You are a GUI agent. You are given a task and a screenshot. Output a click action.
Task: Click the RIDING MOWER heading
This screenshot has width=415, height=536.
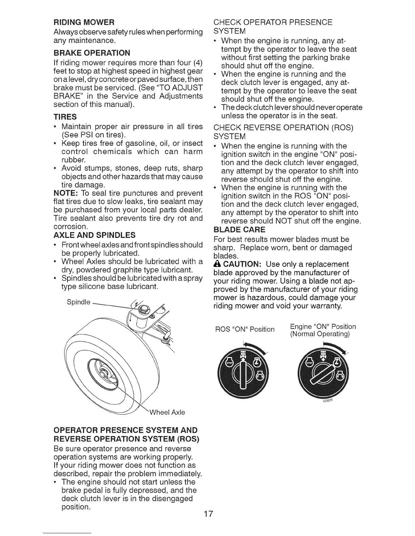(x=84, y=23)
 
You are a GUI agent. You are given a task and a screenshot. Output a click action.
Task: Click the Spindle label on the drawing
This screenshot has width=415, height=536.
(x=79, y=302)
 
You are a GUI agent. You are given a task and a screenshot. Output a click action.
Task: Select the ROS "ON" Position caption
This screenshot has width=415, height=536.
(x=245, y=329)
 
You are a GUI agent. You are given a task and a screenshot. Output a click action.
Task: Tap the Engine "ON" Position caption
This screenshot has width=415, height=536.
(x=323, y=327)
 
